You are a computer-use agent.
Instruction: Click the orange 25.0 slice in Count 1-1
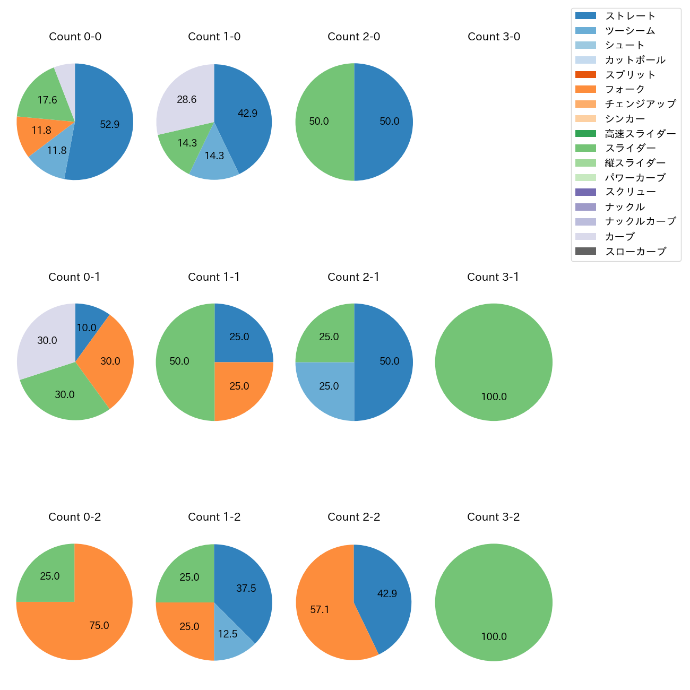pos(239,387)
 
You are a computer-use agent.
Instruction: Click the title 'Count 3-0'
pos(494,37)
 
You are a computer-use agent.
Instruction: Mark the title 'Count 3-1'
pos(493,277)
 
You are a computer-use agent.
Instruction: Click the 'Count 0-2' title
pos(75,517)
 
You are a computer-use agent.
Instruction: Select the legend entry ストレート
pos(630,16)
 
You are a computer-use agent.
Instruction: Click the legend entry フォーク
pos(625,89)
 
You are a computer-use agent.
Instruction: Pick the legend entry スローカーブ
pos(635,252)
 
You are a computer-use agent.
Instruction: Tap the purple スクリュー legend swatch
pos(585,192)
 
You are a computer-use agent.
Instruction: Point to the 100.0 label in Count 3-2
pos(494,636)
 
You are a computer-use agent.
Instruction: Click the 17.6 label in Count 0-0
pos(47,100)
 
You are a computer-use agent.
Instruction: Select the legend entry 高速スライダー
pos(641,134)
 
